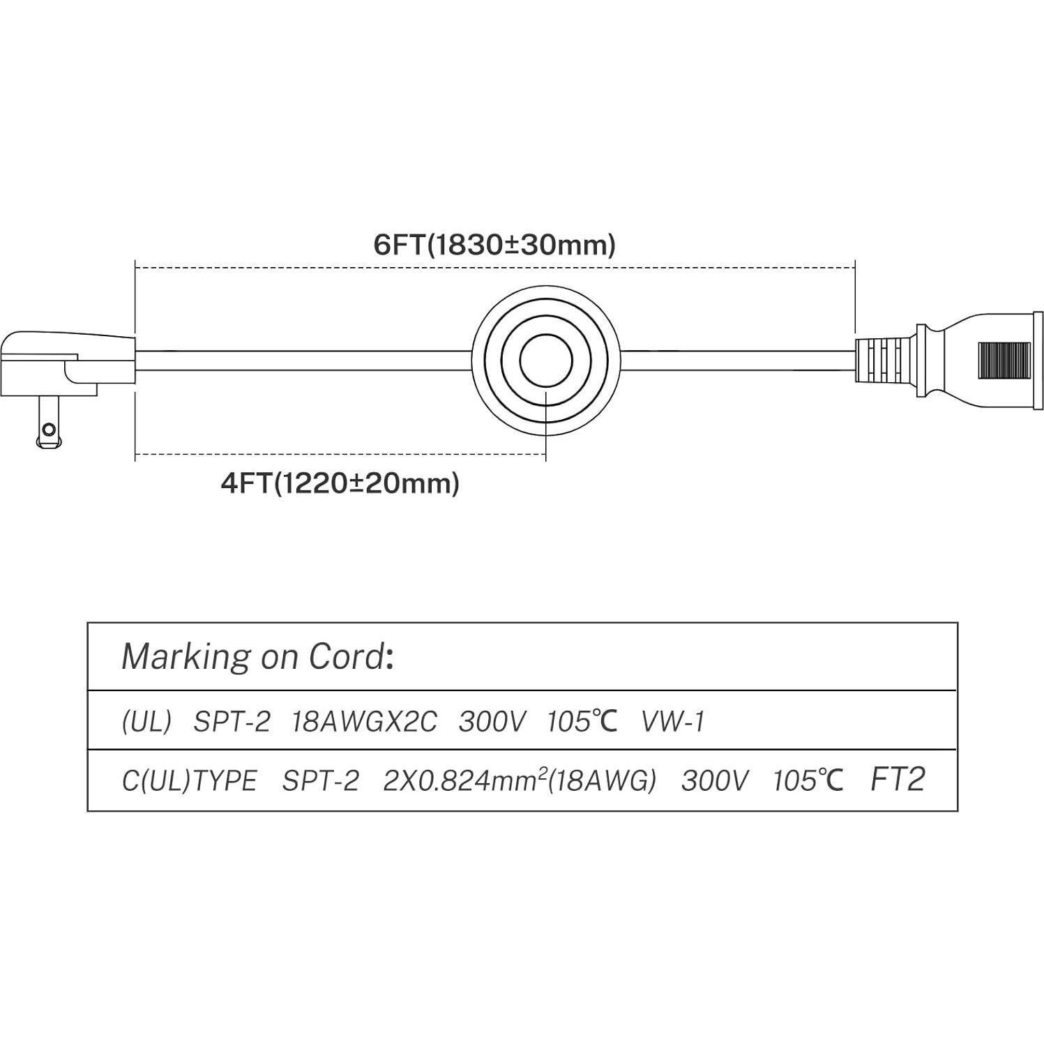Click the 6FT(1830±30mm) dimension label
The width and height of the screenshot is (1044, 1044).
[x=494, y=245]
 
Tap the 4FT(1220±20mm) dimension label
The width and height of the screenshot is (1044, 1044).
[x=340, y=483]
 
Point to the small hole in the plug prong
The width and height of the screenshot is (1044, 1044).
[x=48, y=428]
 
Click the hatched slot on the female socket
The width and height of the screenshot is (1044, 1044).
[x=1004, y=361]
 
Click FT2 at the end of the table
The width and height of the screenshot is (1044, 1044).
[x=898, y=780]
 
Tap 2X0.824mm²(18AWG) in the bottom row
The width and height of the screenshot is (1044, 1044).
[x=520, y=781]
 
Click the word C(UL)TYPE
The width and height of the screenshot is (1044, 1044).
[x=189, y=781]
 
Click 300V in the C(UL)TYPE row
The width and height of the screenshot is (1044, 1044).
[x=715, y=781]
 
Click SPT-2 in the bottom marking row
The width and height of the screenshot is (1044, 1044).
[x=320, y=781]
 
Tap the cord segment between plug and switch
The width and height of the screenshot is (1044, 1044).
[x=300, y=361]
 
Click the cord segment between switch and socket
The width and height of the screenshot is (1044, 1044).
[x=736, y=361]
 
